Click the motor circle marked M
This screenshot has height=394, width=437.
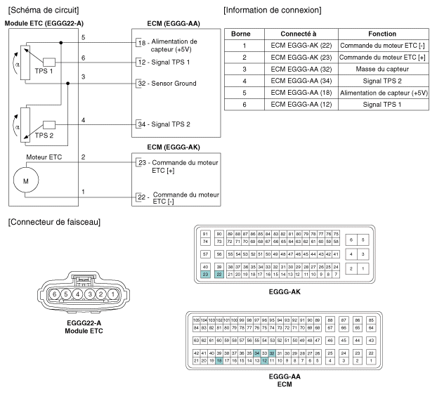click(26, 180)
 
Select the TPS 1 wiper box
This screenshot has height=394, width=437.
click(49, 62)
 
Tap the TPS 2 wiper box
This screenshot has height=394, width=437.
click(49, 125)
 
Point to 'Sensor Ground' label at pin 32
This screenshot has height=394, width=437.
click(174, 84)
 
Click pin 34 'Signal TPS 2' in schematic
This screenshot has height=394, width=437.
click(164, 124)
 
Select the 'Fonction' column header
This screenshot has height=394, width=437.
click(382, 34)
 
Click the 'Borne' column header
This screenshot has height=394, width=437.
click(241, 34)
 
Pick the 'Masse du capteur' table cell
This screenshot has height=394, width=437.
click(382, 69)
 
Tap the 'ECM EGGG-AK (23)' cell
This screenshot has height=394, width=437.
click(301, 58)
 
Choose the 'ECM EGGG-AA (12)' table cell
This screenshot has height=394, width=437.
click(301, 105)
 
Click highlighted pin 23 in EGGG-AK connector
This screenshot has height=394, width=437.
click(205, 275)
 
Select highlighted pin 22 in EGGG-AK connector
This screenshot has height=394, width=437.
click(219, 275)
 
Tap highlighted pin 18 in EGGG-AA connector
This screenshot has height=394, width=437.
click(219, 361)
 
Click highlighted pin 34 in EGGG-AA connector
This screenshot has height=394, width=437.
click(256, 353)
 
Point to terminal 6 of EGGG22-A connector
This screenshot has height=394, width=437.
click(54, 294)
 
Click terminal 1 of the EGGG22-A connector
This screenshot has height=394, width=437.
click(113, 294)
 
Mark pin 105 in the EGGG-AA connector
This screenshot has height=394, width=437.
click(196, 320)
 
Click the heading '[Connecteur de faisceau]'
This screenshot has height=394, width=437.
click(54, 222)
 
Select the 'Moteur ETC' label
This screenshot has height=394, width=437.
click(44, 157)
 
